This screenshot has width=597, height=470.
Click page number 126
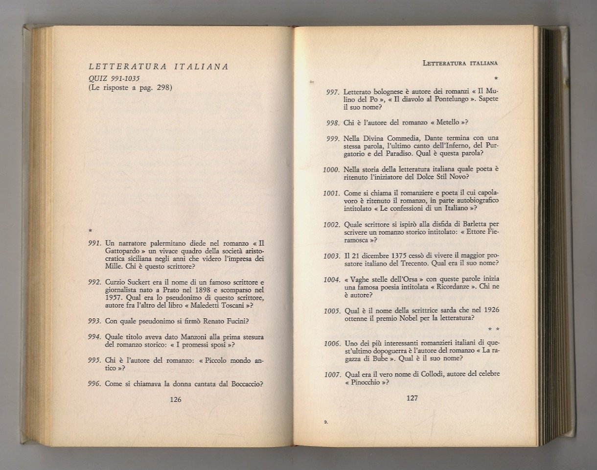click(175, 399)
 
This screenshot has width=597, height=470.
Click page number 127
click(412, 398)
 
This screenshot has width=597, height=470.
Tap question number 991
click(94, 243)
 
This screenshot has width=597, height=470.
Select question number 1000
click(331, 169)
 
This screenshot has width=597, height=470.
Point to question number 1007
click(332, 375)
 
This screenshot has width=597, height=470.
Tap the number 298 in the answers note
click(161, 88)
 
